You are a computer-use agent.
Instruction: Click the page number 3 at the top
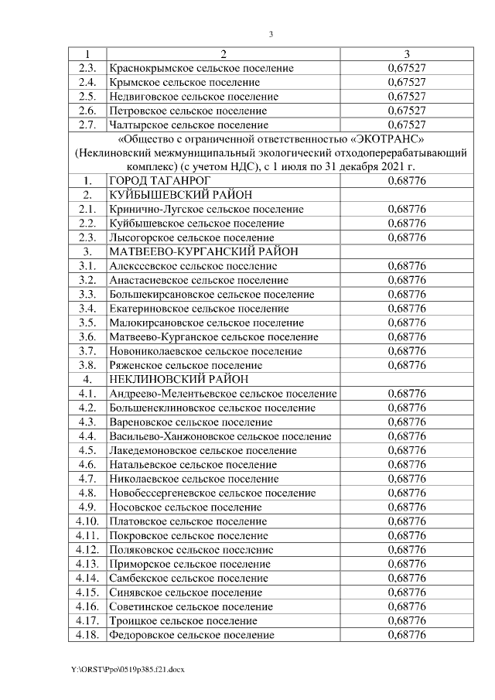[271, 33]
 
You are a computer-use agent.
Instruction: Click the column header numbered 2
[223, 54]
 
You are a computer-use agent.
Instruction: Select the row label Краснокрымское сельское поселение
[201, 68]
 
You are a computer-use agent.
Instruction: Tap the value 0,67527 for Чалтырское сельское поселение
[407, 125]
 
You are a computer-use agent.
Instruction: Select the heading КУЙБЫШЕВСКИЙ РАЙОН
[179, 195]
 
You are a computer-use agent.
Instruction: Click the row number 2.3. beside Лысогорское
[87, 237]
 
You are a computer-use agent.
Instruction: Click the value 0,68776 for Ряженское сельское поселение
[407, 364]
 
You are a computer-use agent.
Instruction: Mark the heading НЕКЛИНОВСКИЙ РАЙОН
[179, 379]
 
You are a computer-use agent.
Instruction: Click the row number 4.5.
[87, 449]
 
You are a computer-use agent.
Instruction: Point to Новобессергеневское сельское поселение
[213, 492]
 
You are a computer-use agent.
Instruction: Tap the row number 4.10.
[87, 521]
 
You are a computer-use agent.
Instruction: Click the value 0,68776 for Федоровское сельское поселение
[407, 635]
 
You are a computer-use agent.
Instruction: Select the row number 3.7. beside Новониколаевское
[87, 350]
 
